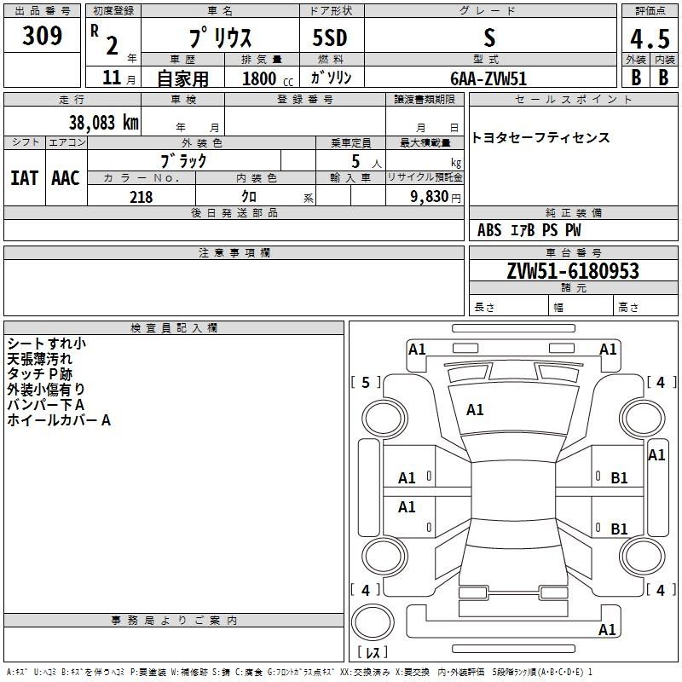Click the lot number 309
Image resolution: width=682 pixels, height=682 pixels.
tap(43, 36)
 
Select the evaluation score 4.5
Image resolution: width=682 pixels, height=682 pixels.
tap(649, 39)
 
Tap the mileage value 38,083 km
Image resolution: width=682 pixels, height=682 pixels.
tap(103, 122)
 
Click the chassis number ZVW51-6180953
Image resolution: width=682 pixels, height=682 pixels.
tap(573, 271)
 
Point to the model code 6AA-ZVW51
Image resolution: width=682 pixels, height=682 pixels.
tap(488, 78)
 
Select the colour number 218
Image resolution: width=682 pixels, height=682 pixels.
tap(141, 197)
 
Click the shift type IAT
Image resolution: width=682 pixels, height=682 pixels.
tap(24, 177)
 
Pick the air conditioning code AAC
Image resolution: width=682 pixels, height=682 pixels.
tap(66, 177)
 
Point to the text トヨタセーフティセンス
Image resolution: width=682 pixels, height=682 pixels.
tap(540, 137)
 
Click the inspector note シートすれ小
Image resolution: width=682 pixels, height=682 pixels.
tap(46, 343)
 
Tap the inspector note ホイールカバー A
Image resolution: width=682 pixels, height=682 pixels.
tap(59, 419)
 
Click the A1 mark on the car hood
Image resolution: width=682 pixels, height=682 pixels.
tap(475, 410)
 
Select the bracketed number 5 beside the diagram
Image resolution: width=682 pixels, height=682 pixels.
tap(366, 383)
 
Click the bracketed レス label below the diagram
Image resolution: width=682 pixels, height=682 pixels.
tap(373, 652)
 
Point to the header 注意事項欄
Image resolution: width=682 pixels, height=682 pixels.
tap(234, 253)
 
